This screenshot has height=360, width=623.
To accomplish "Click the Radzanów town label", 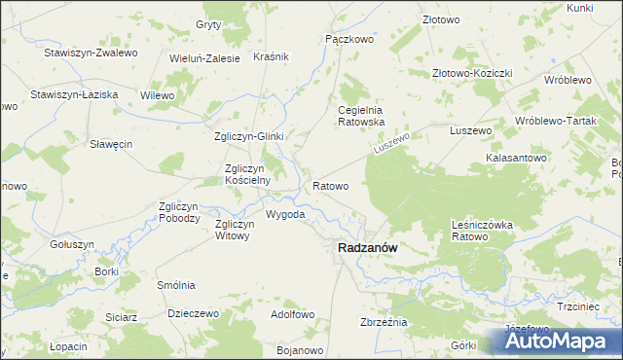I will click(x=367, y=248).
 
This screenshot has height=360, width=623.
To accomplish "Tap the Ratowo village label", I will click(x=330, y=184).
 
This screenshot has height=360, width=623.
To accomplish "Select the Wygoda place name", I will click(x=285, y=214).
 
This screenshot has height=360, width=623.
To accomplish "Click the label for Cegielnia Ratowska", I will click(x=361, y=117).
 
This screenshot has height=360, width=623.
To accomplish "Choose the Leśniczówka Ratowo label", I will click(x=482, y=231).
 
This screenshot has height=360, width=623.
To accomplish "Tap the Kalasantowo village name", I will click(x=517, y=158).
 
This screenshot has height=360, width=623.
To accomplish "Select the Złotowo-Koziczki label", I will click(x=472, y=73).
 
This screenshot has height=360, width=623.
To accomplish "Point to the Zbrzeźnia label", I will click(x=383, y=322).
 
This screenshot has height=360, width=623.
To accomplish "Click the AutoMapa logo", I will click(x=563, y=341).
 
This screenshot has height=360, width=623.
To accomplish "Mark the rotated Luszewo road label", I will click(x=393, y=148).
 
